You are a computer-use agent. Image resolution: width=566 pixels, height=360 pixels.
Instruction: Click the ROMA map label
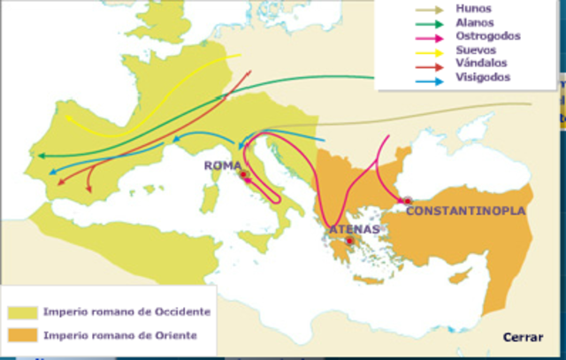click(222, 165)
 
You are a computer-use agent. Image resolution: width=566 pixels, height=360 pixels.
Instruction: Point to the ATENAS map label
click(354, 229)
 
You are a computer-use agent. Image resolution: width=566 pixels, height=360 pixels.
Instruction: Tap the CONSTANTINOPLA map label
click(465, 211)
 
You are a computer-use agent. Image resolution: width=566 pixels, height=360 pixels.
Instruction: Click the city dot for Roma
click(242, 175)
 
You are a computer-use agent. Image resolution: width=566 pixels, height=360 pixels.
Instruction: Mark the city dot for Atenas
click(349, 241)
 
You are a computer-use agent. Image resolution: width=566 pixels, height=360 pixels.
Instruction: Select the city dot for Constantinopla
click(406, 201)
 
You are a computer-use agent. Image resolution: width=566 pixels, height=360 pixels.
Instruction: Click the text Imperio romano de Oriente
click(119, 335)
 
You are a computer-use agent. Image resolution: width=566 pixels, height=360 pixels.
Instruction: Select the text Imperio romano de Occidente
click(126, 312)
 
